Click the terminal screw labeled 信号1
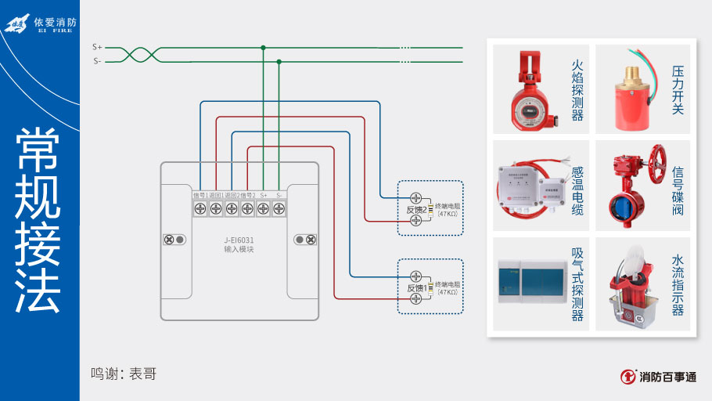pos(200,208)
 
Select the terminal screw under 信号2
pos(247,208)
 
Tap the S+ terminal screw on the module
pos(263,208)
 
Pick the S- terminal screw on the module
pos(279,208)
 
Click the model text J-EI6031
pos(239,240)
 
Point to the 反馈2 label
pos(415,210)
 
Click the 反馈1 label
pos(415,288)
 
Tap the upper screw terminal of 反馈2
pos(416,198)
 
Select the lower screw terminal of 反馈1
pos(416,299)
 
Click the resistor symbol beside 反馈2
pos(430,210)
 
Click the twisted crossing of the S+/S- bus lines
pos(139,53)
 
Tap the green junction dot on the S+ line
pos(263,48)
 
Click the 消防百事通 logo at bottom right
pos(658,377)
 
